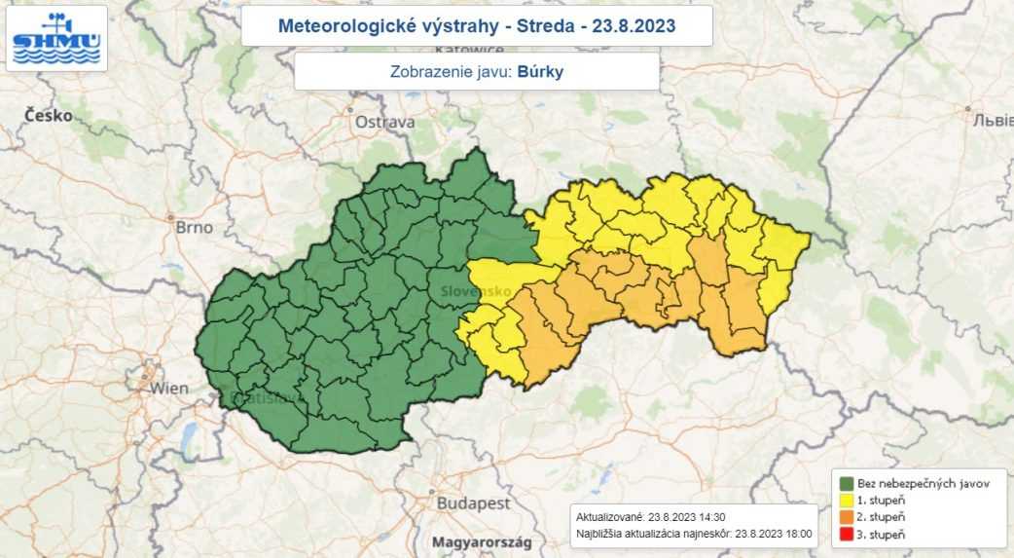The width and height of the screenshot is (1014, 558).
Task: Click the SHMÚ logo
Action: click(x=56, y=38)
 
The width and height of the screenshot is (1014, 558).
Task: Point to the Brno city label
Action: click(x=194, y=227)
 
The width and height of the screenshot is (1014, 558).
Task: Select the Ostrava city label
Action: click(x=384, y=122)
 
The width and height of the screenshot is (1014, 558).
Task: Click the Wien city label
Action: click(x=169, y=388)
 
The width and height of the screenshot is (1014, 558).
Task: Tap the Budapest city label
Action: click(x=474, y=503)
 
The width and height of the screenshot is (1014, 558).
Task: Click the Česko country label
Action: click(x=49, y=115)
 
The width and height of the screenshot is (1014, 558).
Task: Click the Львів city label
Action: click(x=993, y=121)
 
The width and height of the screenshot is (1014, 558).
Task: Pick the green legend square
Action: click(x=847, y=483)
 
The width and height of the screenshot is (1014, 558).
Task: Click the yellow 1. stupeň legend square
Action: click(x=847, y=500)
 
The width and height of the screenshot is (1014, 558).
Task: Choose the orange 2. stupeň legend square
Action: click(x=847, y=517)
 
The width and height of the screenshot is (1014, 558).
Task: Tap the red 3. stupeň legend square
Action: click(x=847, y=535)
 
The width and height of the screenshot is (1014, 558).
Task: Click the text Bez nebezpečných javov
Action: click(x=923, y=483)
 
